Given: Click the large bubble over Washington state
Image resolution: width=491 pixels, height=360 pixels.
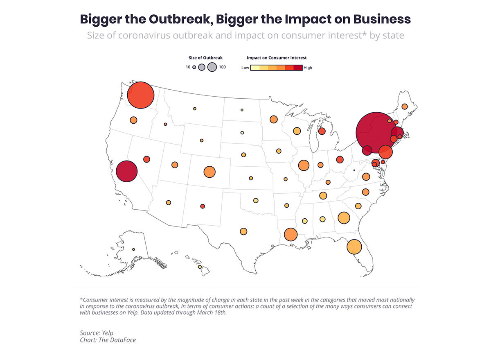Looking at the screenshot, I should [141, 95].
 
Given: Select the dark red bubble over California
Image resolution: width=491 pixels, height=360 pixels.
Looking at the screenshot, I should [126, 172].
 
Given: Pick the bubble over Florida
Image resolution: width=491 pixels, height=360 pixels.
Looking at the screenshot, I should [354, 247].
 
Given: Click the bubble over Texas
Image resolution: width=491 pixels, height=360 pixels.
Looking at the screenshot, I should [243, 231].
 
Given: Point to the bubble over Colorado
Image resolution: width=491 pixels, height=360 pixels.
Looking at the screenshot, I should [209, 172].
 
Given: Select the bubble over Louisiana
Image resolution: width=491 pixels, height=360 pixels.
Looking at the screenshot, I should [290, 235].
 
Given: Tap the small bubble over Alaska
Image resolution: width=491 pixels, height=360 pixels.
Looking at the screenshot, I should [133, 249].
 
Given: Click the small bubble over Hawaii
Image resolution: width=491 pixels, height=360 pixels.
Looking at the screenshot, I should [200, 267].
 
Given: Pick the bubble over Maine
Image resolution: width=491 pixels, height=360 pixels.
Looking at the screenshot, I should [404, 106].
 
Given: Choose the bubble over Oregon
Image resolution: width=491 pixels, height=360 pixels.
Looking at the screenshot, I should [133, 120].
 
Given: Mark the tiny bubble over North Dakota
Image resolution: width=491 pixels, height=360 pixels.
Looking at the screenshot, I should [242, 110].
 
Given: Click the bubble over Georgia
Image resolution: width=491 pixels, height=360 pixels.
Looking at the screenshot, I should [344, 218].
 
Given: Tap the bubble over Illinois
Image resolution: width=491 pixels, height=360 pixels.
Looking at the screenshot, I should [304, 165].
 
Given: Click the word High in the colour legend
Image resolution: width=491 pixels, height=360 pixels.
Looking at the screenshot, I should [308, 68].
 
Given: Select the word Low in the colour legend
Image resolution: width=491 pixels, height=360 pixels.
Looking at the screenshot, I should [245, 68].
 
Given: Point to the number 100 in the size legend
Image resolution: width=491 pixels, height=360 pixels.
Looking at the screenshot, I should [222, 67].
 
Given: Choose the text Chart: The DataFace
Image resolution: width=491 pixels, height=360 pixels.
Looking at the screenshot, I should [108, 340].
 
